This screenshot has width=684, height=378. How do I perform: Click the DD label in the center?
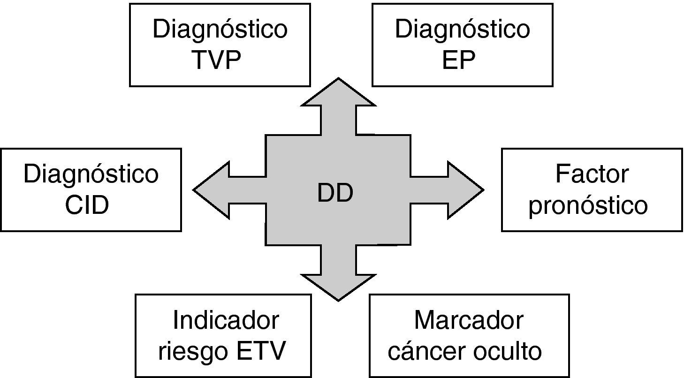click(x=335, y=194)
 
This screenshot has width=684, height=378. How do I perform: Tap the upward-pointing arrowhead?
click(x=338, y=96)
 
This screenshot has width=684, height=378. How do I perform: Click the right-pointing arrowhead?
click(x=464, y=190)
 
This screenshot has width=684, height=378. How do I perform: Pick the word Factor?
click(x=592, y=174)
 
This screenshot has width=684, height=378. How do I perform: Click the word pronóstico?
click(x=588, y=205)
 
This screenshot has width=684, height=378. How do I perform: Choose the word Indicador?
click(x=226, y=321)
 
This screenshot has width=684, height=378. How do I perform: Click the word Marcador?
click(x=469, y=321)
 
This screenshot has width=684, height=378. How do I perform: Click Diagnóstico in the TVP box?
click(x=220, y=29)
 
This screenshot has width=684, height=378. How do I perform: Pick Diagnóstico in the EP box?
click(x=462, y=29)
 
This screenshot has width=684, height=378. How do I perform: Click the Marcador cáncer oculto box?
click(x=469, y=336)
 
